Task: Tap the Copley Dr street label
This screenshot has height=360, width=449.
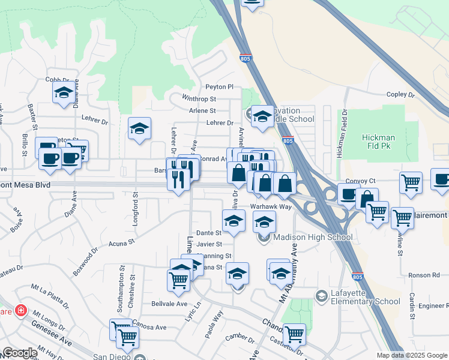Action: point(401,95)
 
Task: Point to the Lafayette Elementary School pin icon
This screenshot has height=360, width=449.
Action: point(322,295)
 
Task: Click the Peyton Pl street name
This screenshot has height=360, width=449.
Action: point(219,87)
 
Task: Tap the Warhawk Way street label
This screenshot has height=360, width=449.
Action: point(271,206)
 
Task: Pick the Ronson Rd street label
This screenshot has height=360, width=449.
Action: point(424,275)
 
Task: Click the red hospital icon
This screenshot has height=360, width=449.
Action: point(22,310)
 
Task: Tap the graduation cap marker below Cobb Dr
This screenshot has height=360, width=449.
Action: point(62,93)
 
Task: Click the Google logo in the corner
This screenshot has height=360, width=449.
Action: point(20,353)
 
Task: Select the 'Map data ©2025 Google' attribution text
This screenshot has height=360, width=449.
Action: point(412,355)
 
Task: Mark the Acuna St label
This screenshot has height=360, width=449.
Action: point(108,244)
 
